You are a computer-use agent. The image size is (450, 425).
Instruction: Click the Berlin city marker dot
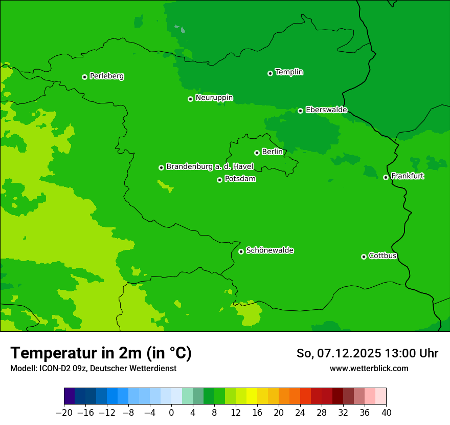[x=257, y=153]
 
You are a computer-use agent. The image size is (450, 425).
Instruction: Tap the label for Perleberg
[x=107, y=76]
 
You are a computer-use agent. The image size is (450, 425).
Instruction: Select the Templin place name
[x=289, y=72]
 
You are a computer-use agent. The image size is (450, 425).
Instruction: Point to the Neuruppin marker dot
[x=190, y=99]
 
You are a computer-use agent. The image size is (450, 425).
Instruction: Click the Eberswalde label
[x=326, y=110]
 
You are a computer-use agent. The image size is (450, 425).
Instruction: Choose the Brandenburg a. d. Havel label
[x=210, y=167]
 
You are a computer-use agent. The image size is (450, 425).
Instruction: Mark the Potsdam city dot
[x=219, y=180]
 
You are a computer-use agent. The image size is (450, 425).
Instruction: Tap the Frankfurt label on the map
[x=408, y=176]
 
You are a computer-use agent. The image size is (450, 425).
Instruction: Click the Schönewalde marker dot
[x=241, y=251]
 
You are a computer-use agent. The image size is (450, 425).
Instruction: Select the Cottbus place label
[x=383, y=256]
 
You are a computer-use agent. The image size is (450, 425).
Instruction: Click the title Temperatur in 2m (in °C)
[x=101, y=353]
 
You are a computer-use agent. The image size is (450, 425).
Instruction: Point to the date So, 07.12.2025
[x=339, y=353]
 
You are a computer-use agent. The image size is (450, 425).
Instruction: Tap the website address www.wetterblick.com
[x=369, y=368]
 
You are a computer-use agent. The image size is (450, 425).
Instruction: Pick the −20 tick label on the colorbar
[x=64, y=412]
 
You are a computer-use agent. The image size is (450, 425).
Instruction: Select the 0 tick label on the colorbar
[x=171, y=412]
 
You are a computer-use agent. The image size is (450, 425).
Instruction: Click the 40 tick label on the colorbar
[x=386, y=412]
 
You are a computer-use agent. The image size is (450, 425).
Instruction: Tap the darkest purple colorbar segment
[x=70, y=396]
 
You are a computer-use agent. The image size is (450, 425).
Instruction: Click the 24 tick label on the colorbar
[x=300, y=412]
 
